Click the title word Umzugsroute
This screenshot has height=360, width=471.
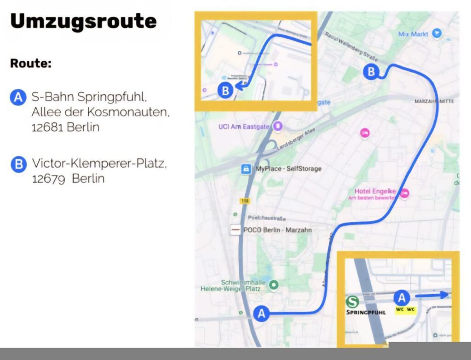tap(83, 21)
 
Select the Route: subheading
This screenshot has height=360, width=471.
tap(30, 64)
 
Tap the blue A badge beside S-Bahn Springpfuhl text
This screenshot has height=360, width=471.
tap(18, 98)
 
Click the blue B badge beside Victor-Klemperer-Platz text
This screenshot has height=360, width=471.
tap(18, 164)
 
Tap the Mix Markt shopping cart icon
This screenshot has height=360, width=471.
tap(437, 33)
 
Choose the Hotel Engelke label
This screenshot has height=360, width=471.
tap(375, 192)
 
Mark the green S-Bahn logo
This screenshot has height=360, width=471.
tap(352, 302)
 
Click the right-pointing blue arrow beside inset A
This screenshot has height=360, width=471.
tap(432, 295)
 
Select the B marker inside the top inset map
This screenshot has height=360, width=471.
tap(225, 91)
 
